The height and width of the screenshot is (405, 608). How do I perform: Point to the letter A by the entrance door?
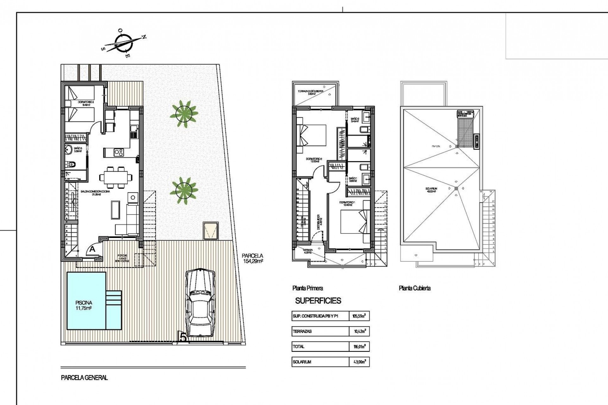(x=92, y=249)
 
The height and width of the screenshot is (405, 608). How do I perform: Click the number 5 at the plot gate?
(x=183, y=337)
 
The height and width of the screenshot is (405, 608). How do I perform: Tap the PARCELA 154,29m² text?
(x=252, y=258)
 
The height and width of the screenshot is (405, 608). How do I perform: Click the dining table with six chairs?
(x=116, y=176)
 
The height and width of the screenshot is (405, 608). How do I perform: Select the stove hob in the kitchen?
(x=119, y=153)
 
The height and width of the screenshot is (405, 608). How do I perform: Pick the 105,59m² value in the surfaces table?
(x=359, y=316)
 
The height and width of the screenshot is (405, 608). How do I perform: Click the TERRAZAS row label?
(x=302, y=331)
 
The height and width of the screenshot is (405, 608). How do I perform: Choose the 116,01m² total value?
(x=359, y=347)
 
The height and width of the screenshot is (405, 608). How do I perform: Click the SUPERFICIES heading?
(x=318, y=301)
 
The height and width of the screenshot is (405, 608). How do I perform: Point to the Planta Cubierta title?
(x=415, y=288)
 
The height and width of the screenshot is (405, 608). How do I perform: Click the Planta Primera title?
(x=307, y=288)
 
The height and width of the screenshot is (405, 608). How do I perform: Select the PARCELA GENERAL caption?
(x=84, y=377)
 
